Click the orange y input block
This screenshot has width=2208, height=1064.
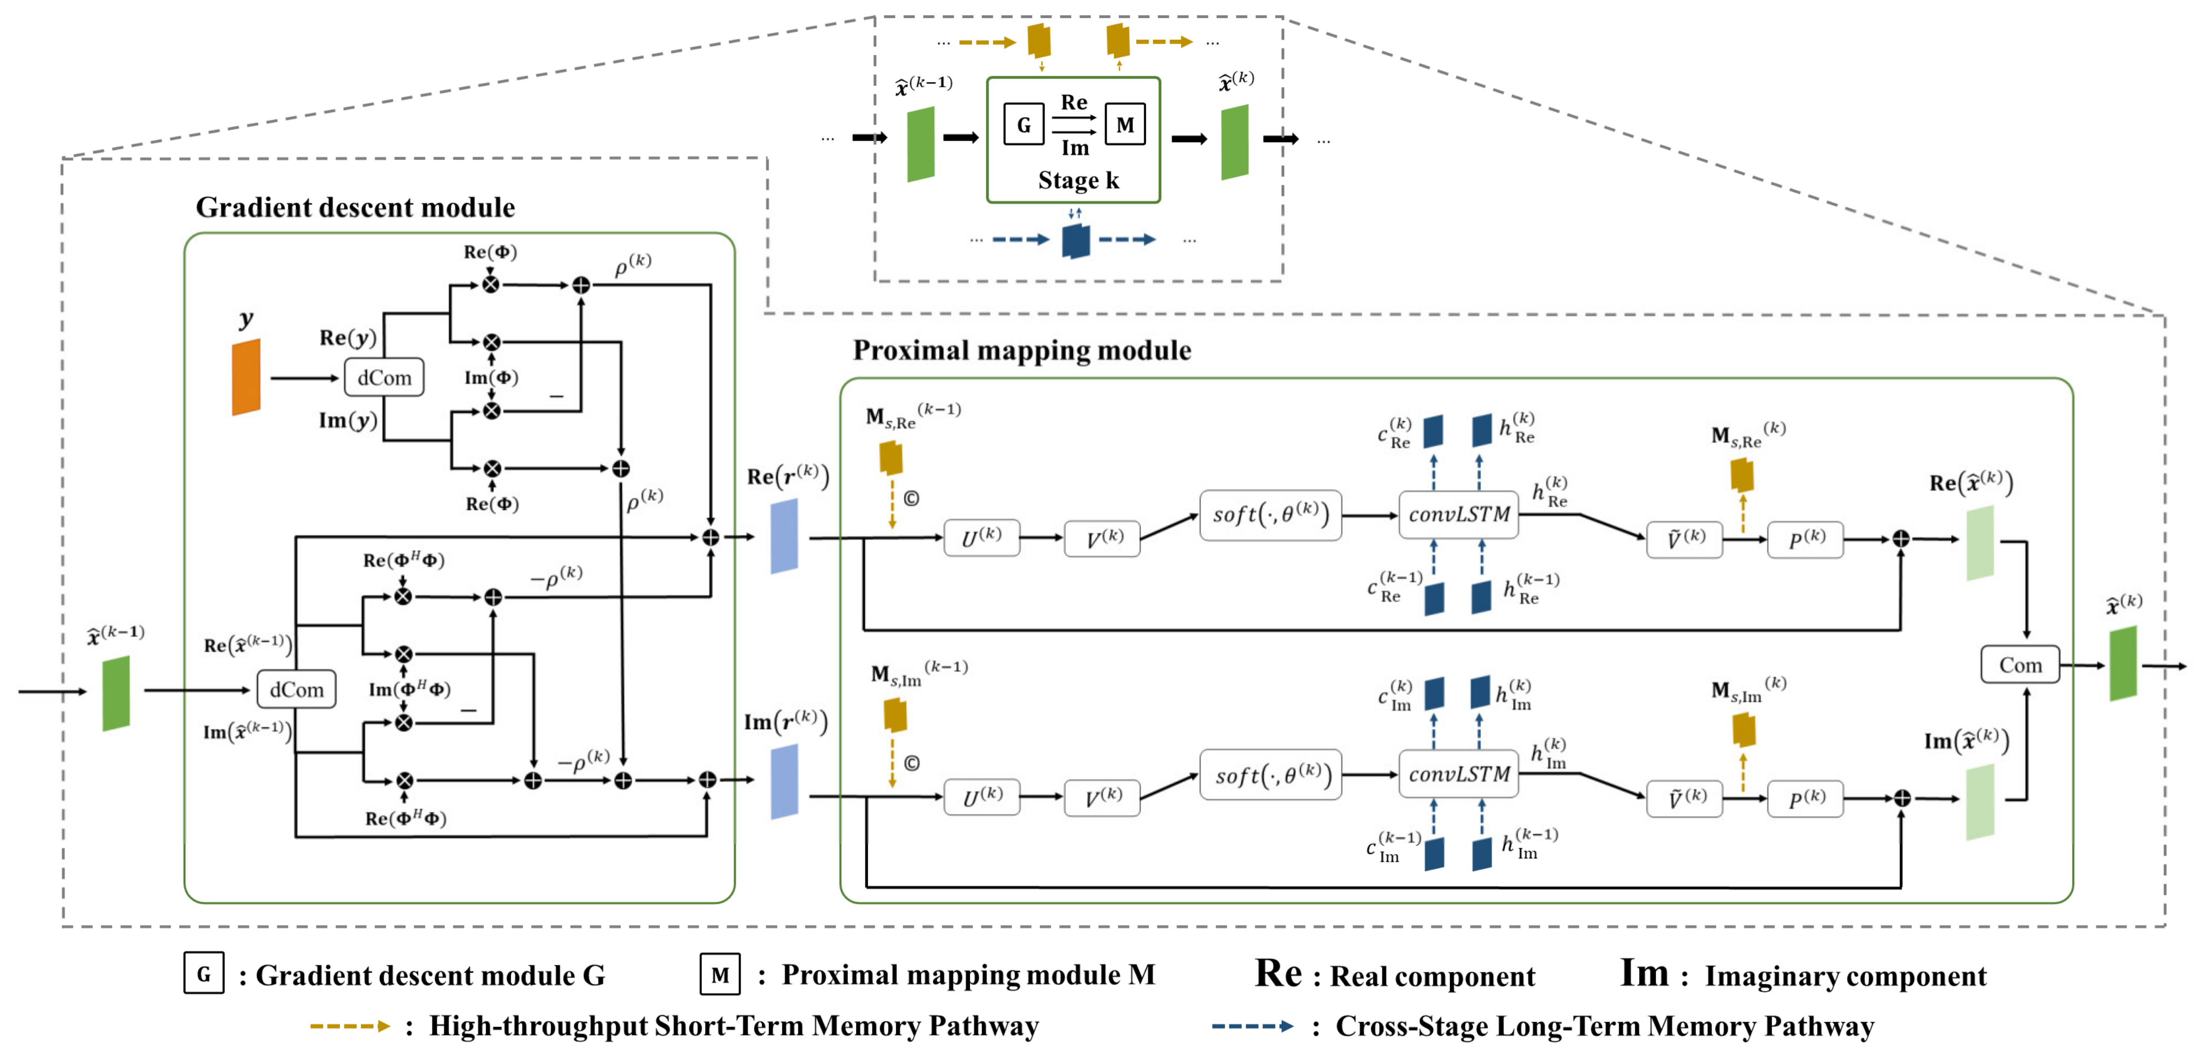[x=246, y=377]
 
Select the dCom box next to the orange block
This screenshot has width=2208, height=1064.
[x=384, y=377]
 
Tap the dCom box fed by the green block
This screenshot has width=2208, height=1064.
[x=296, y=690]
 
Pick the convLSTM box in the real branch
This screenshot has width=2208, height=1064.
[x=1458, y=515]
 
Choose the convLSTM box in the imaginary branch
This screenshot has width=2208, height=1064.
[x=1458, y=774]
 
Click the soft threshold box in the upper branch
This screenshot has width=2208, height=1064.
[x=1270, y=515]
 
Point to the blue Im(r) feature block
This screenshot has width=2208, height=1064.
[x=784, y=781]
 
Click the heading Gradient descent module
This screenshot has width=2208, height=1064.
[x=355, y=208]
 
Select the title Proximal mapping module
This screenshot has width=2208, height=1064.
[x=1022, y=350]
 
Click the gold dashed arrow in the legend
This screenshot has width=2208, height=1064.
[x=350, y=1025]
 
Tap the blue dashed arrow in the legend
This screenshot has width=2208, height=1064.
[x=1252, y=1025]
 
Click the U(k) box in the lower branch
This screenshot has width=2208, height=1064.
[x=981, y=796]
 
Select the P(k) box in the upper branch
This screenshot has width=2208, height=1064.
[x=1805, y=539]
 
